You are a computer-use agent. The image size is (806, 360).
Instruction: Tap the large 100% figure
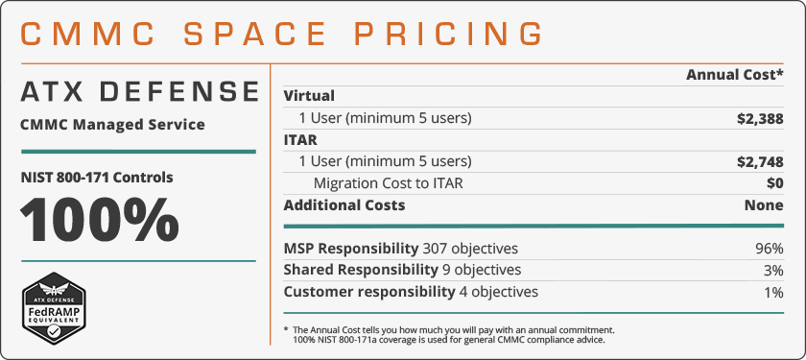point(100,220)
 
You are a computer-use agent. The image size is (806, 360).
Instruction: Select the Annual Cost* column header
point(735,75)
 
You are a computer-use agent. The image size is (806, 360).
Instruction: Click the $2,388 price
point(754,118)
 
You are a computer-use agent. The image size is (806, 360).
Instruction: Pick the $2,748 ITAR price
point(754,161)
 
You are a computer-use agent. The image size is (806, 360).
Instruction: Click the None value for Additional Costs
point(764,204)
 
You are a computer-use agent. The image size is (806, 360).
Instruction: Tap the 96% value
point(770,249)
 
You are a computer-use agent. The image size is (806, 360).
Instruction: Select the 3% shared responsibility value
point(773,270)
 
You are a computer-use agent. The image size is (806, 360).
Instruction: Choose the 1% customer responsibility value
point(773,292)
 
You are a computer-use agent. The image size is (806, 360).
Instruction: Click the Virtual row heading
point(310,96)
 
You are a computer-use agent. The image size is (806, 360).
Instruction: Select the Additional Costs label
point(344,204)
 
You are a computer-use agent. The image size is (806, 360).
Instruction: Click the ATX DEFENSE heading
point(140,92)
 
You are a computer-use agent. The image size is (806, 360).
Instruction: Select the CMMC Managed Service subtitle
point(112,125)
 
